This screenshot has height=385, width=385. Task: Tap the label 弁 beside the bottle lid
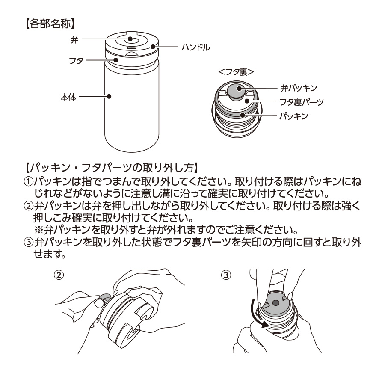pos(74,39)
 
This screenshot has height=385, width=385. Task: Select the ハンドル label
pos(195,47)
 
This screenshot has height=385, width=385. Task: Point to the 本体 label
pos(68,97)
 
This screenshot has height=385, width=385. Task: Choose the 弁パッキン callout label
pos(298,88)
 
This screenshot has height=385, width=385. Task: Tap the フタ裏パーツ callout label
pos(301,102)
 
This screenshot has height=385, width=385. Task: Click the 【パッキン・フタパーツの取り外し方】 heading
pos(110,165)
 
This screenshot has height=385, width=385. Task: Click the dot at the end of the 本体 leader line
pos(110,97)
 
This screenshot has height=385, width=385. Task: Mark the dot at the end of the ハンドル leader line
pos(153,47)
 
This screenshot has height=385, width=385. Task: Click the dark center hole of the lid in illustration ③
pos(275,302)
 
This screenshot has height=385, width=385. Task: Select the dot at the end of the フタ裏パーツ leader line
pos(247,101)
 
